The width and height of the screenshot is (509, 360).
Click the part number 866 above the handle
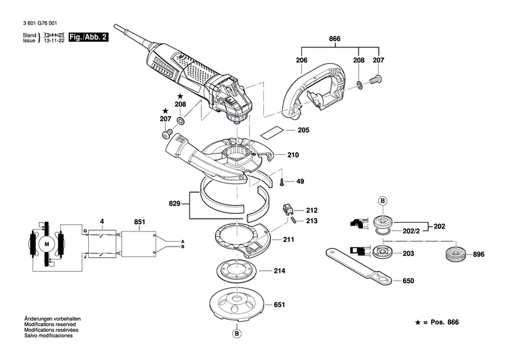pyautogui.click(x=334, y=39)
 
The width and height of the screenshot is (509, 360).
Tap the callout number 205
pyautogui.click(x=303, y=130)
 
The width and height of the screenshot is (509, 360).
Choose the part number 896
pyautogui.click(x=479, y=255)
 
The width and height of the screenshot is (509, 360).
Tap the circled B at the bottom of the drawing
pyautogui.click(x=237, y=334)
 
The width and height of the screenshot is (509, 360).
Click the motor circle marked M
pyautogui.click(x=47, y=243)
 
